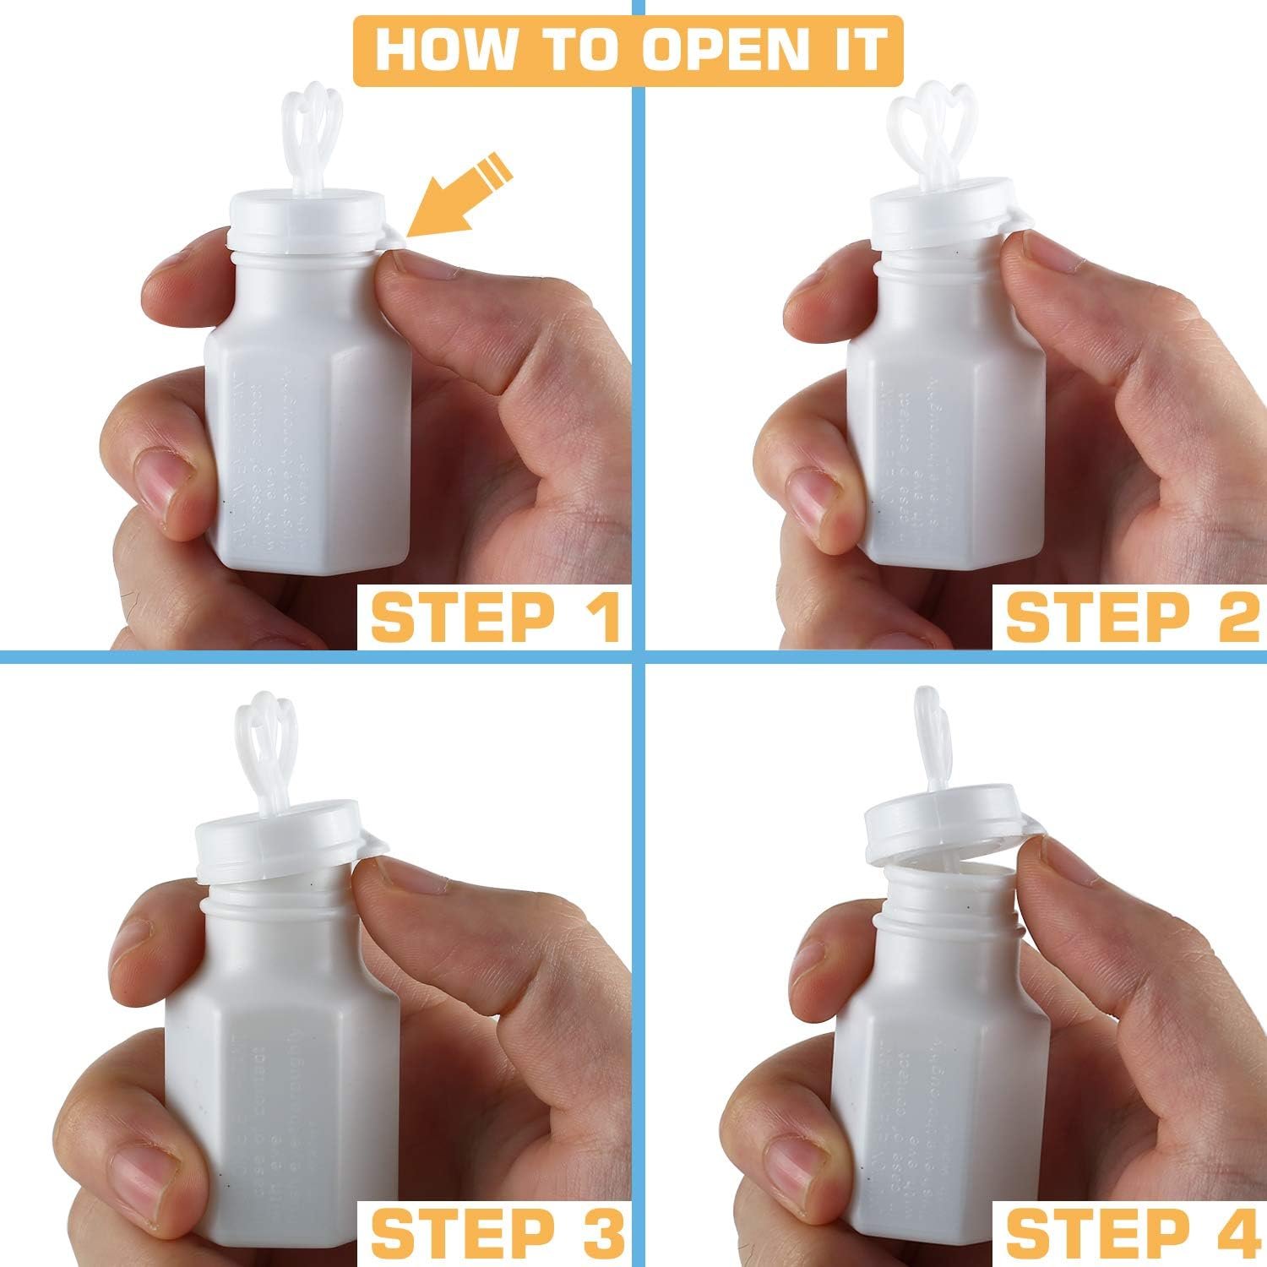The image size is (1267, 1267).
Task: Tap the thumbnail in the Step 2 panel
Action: click(811, 498)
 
